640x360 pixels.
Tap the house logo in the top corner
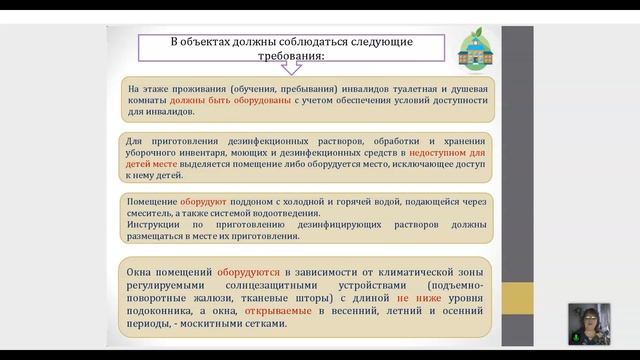(473, 46)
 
